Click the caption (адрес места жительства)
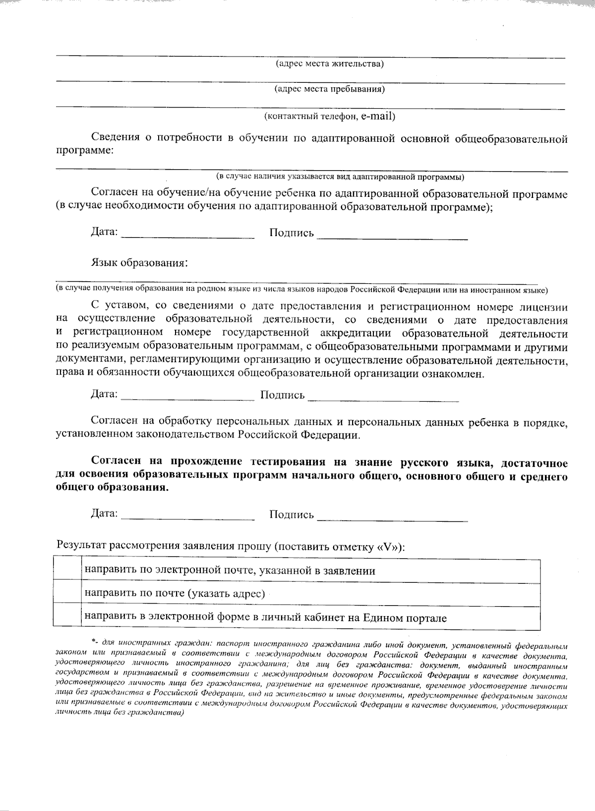point(329,64)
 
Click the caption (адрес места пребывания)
point(330,90)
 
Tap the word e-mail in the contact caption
point(378,116)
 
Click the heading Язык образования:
point(139,262)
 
